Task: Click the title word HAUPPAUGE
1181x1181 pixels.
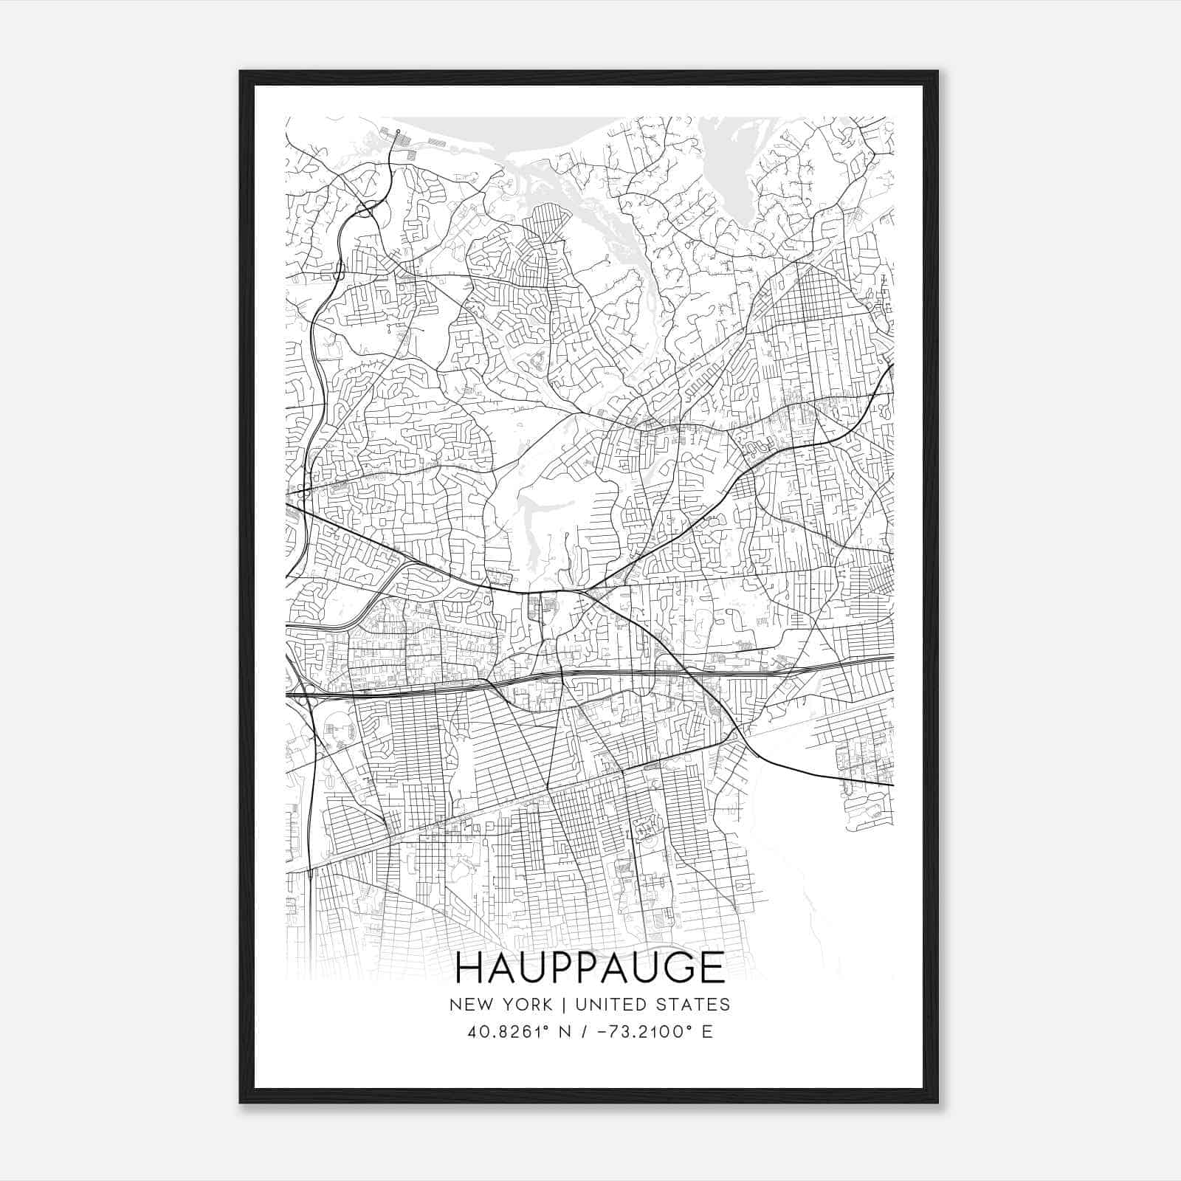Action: [590, 968]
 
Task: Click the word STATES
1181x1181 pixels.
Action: [694, 1005]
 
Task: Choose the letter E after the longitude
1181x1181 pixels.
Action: [706, 1032]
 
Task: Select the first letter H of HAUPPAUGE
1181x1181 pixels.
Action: [467, 968]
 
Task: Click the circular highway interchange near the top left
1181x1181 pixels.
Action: [367, 209]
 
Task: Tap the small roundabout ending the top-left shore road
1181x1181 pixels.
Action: [397, 131]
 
